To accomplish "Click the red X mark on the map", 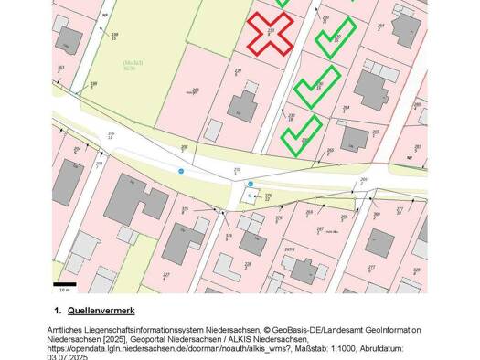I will [270, 34].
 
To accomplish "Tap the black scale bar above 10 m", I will [64, 284].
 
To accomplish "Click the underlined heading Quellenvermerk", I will [101, 312].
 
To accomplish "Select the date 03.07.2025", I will [68, 357].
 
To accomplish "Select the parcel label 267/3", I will [289, 249].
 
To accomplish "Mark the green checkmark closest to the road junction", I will [301, 133].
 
